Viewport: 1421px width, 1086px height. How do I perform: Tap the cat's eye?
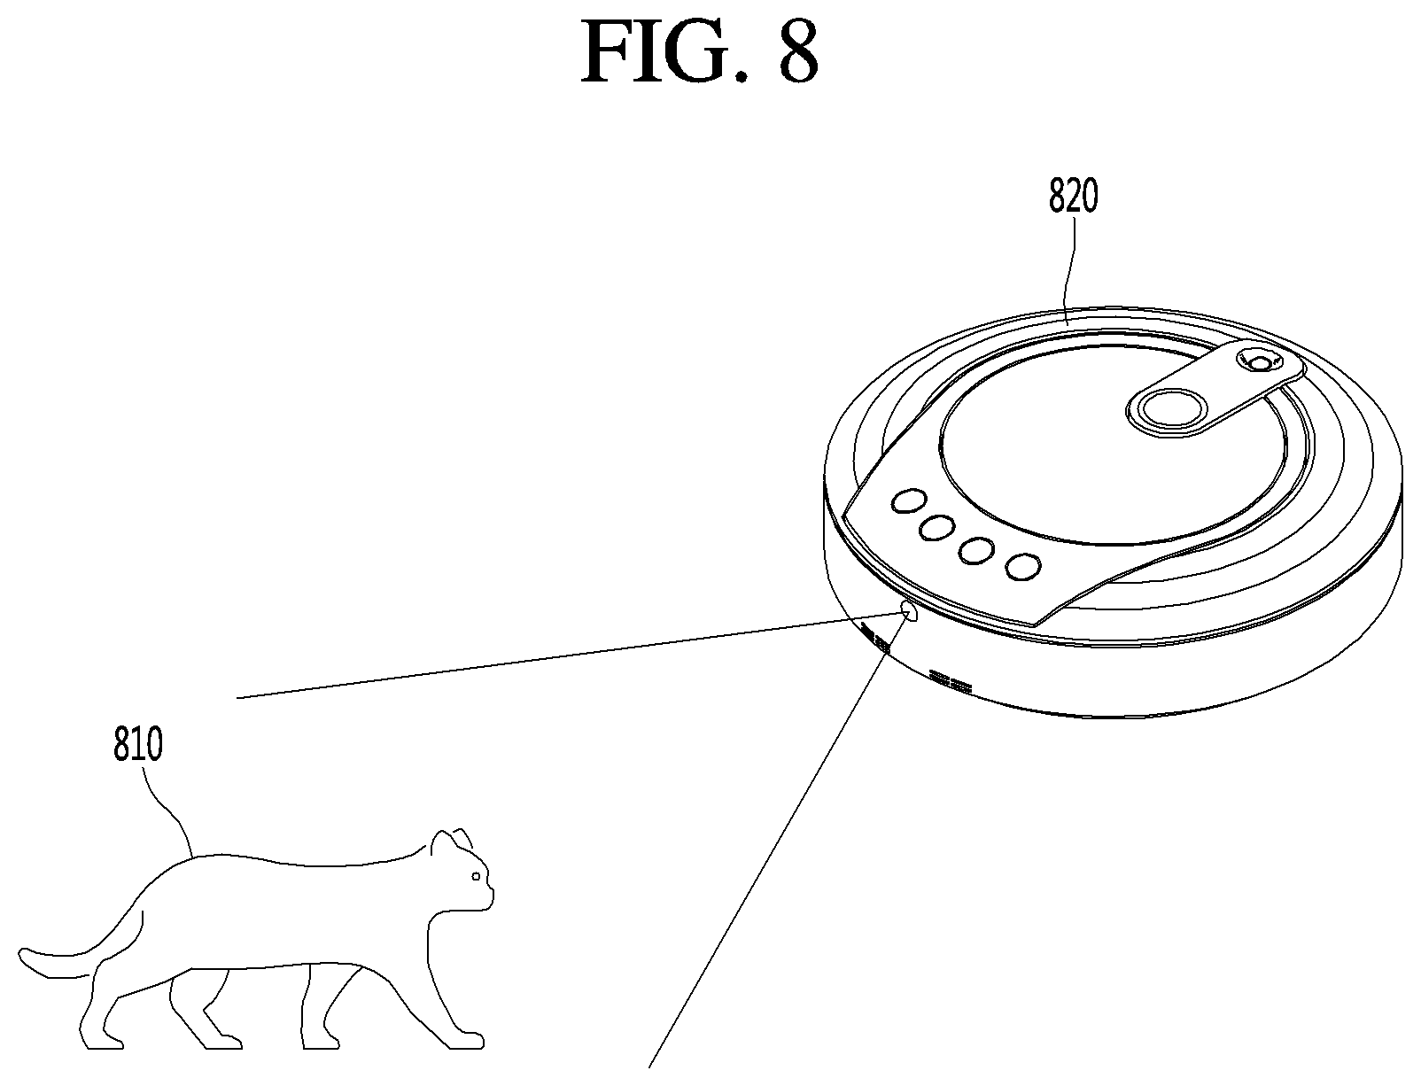tap(476, 876)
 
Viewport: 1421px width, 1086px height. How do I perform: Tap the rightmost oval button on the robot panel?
tap(1023, 566)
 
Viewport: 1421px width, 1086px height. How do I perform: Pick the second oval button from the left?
tap(936, 527)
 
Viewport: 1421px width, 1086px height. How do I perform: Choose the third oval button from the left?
tap(976, 550)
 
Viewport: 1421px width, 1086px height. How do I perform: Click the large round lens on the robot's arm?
tap(1166, 409)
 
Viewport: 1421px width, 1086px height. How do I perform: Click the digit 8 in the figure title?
tap(798, 50)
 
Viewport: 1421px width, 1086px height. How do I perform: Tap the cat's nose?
tap(492, 892)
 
